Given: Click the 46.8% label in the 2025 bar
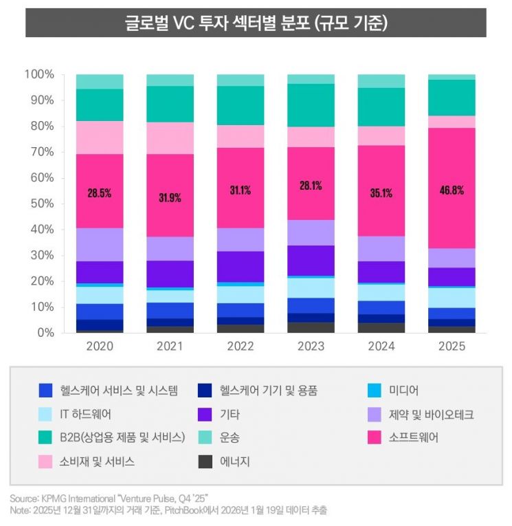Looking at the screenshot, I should click(451, 190).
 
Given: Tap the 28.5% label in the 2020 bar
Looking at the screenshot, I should click(99, 193).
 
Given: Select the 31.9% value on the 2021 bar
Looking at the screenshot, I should click(170, 198).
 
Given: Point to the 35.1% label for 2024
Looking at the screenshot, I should click(381, 193).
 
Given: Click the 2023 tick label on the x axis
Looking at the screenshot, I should click(311, 347).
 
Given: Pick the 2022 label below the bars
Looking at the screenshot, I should click(241, 347).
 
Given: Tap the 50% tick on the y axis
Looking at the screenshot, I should click(40, 204).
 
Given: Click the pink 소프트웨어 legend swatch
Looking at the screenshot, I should click(377, 437).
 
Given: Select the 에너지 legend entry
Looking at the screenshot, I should click(235, 461).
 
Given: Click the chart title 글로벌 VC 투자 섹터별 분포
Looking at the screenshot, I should click(256, 23).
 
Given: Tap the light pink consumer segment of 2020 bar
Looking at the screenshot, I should click(99, 138).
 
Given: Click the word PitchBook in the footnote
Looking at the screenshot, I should click(180, 510).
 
